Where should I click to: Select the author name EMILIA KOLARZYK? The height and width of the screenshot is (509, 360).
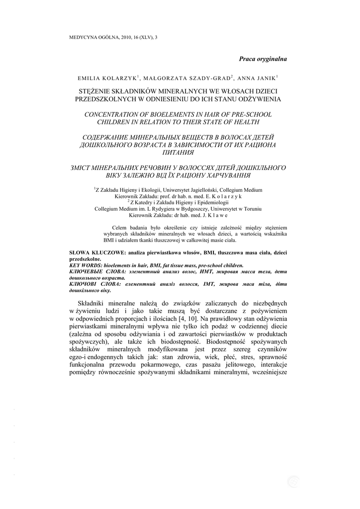107,79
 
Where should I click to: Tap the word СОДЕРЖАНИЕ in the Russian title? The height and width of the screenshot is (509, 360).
107,137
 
